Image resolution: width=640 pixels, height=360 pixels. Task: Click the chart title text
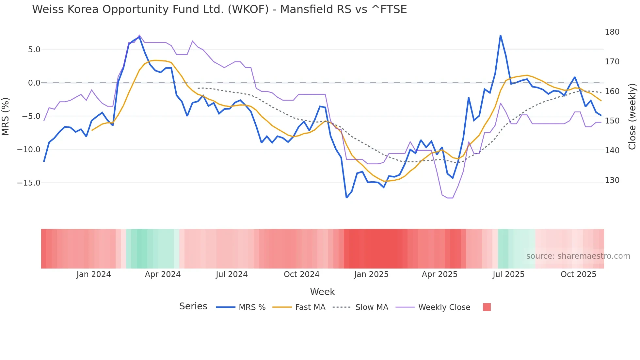(219, 9)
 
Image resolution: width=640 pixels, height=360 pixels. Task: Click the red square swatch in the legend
(487, 307)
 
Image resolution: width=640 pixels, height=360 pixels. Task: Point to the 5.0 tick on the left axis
(34, 50)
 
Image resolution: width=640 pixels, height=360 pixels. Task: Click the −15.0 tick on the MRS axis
(29, 183)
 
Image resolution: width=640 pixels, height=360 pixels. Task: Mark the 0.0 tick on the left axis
(34, 83)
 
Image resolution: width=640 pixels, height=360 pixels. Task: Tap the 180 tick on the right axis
(612, 32)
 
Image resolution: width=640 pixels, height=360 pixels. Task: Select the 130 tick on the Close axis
(612, 180)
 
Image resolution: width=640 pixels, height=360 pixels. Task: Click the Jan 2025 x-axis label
(371, 274)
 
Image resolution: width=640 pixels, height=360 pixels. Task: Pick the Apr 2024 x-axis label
(163, 274)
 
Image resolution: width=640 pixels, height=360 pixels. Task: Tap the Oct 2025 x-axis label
(578, 274)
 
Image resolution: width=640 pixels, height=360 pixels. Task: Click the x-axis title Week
(322, 292)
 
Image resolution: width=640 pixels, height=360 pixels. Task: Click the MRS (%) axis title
(6, 116)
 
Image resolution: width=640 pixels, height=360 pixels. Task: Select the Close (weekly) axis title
(632, 116)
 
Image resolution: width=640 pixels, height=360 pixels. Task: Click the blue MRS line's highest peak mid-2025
(500, 36)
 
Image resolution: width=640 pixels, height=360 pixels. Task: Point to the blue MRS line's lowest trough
(346, 198)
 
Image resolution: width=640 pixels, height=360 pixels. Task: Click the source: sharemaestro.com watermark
(578, 256)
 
